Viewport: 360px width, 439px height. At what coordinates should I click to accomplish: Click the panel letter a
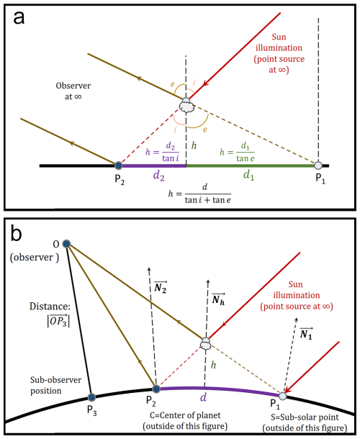tap(19, 18)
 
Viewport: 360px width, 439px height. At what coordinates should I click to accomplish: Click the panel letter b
tap(16, 233)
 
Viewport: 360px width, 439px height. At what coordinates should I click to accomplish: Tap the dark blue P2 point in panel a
tap(119, 166)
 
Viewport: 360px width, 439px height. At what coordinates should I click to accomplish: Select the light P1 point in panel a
tap(318, 166)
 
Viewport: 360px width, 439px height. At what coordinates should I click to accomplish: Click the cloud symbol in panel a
tap(186, 105)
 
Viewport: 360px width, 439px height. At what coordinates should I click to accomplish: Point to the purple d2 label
tap(159, 176)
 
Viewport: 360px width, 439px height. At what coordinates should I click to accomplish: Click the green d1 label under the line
tap(249, 175)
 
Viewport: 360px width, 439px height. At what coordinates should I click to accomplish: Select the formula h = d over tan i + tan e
tap(199, 194)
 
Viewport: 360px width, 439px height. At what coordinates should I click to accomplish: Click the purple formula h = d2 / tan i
tap(162, 152)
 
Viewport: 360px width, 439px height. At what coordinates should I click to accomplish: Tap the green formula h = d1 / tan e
tap(237, 152)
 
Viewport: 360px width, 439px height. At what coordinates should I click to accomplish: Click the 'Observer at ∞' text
tap(73, 91)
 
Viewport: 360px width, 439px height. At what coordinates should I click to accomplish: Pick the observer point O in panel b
tap(66, 244)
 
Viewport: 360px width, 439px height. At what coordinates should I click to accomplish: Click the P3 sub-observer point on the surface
tap(91, 397)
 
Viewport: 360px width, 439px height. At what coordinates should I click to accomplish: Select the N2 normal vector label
tap(161, 287)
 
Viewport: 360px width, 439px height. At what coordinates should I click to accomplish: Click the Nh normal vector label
tap(218, 299)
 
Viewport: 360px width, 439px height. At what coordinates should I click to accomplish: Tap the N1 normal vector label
tap(306, 334)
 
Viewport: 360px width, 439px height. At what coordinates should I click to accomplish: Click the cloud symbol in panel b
tap(206, 343)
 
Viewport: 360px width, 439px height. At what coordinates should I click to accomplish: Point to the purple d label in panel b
tap(203, 397)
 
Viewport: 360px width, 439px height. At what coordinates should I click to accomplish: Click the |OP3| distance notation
tap(58, 320)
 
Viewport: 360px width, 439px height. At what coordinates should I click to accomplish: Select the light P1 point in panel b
tap(283, 396)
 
